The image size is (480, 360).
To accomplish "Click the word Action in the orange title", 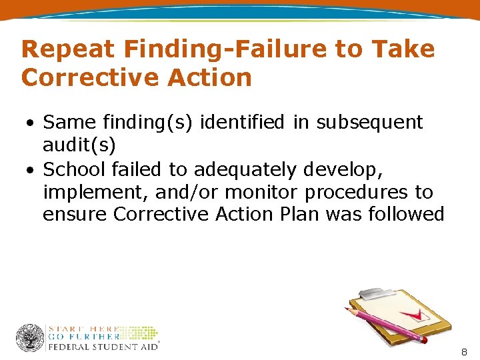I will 210,78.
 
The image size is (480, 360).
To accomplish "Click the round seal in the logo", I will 30,338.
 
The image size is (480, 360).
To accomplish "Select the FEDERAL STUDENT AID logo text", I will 101,347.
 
